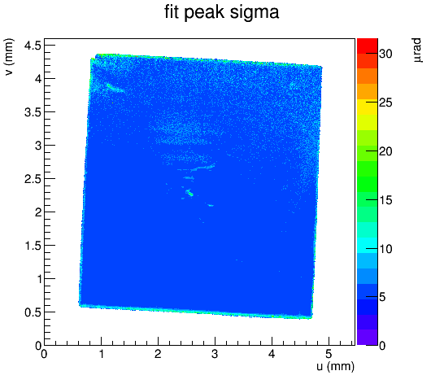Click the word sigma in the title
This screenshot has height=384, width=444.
(x=255, y=13)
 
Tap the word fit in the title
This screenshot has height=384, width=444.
(x=172, y=11)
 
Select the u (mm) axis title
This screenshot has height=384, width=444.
(x=335, y=366)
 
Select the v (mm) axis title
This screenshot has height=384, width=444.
(x=9, y=57)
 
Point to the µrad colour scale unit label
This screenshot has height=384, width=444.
(x=417, y=50)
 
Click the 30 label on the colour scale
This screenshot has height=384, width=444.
(x=385, y=53)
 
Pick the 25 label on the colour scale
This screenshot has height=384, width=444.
(x=385, y=103)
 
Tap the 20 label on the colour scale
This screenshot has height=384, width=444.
(x=385, y=151)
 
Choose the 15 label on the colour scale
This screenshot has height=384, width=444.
(x=385, y=200)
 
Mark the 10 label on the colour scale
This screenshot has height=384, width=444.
(x=385, y=249)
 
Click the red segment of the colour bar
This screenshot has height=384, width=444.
(x=368, y=46)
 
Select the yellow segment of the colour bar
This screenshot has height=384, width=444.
(x=368, y=107)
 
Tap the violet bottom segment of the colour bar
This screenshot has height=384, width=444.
(x=368, y=338)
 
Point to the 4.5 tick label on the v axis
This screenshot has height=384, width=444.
(x=33, y=45)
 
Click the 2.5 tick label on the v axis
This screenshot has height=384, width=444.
(x=33, y=178)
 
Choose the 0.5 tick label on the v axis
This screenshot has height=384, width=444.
(x=33, y=312)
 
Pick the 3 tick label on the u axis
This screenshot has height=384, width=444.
(x=215, y=354)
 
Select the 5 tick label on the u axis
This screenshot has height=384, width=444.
(x=329, y=354)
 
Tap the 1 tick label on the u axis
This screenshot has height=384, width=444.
(x=102, y=354)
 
